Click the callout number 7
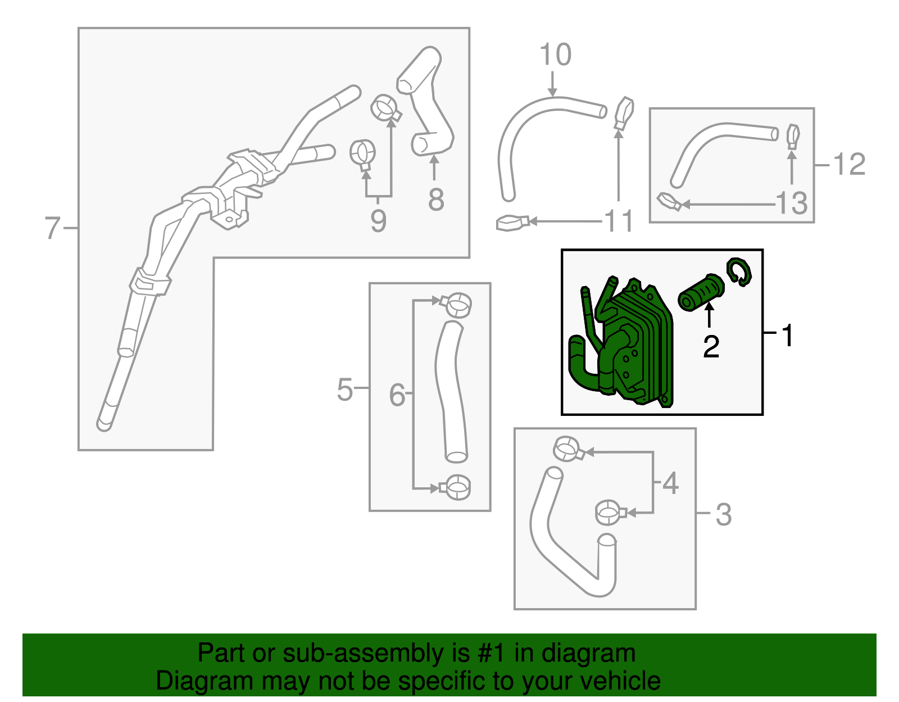point(52,228)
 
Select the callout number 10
point(555,55)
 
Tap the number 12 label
point(849,165)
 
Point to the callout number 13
point(791,203)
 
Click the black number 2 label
point(711,347)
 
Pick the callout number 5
point(344,389)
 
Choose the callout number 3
point(723,514)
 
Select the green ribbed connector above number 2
point(701,293)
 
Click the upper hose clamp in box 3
point(569,449)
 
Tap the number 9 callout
point(378,221)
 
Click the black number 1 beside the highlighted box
point(788,336)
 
